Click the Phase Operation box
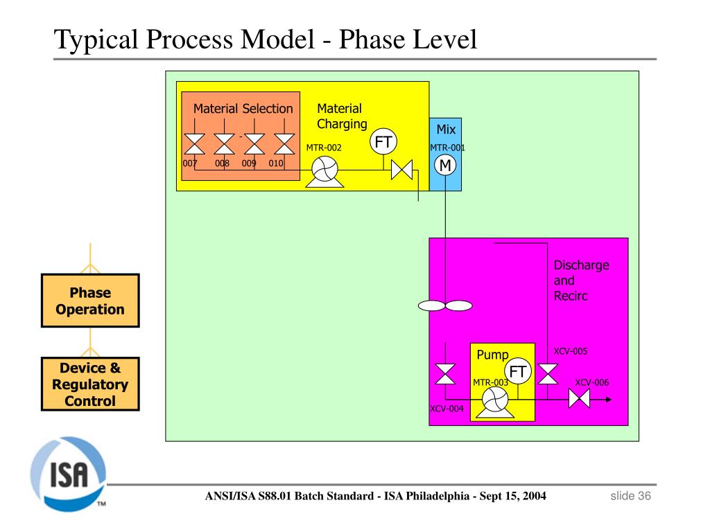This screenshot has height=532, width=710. (x=90, y=301)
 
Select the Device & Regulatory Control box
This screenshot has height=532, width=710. (x=90, y=384)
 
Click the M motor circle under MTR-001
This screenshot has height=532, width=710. (x=444, y=165)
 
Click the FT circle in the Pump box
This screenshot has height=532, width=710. (x=517, y=373)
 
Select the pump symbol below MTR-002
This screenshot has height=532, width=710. (x=322, y=171)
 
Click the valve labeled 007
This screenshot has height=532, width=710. (x=194, y=144)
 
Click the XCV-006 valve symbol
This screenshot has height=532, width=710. (x=578, y=399)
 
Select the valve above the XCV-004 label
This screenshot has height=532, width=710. (x=444, y=374)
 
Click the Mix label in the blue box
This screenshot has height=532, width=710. (x=445, y=130)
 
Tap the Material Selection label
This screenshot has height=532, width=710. (x=243, y=109)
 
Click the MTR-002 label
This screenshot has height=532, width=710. (x=324, y=148)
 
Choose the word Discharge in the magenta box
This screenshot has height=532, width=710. (x=581, y=265)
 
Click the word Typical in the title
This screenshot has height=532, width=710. (x=97, y=39)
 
